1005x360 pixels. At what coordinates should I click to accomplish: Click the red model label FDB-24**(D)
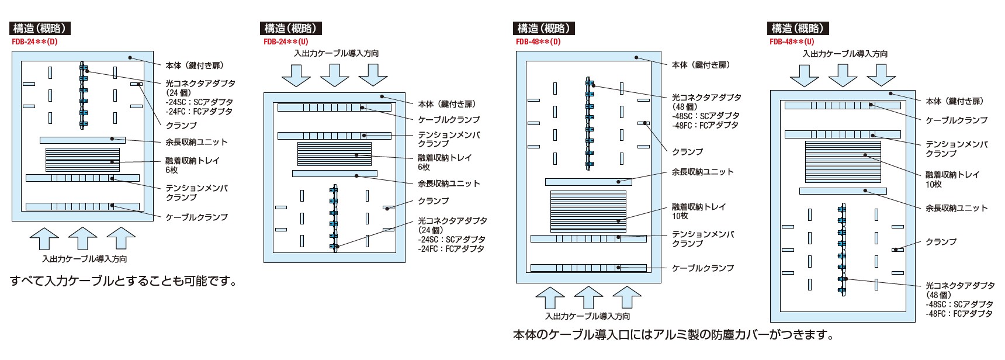34,41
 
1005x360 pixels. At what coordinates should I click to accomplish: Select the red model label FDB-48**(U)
791,41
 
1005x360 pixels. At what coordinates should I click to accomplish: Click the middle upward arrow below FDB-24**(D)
82,240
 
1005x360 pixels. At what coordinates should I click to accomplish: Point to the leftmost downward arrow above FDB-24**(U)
296,74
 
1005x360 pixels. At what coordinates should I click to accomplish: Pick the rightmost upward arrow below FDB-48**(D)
627,298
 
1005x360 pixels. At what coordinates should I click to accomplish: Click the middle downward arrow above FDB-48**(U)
842,74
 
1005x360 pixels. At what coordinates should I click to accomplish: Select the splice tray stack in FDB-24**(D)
82,160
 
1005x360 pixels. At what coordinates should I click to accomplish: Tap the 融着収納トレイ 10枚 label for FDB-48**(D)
698,211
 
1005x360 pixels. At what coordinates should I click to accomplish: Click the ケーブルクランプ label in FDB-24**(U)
449,119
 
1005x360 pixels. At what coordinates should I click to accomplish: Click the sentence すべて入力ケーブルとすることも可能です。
124,281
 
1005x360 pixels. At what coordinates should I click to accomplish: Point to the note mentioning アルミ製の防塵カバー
672,335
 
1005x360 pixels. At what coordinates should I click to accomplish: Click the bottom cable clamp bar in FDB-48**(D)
588,268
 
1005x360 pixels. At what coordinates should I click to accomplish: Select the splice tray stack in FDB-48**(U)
842,162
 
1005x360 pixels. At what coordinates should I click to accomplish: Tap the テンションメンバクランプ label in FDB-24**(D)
196,192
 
